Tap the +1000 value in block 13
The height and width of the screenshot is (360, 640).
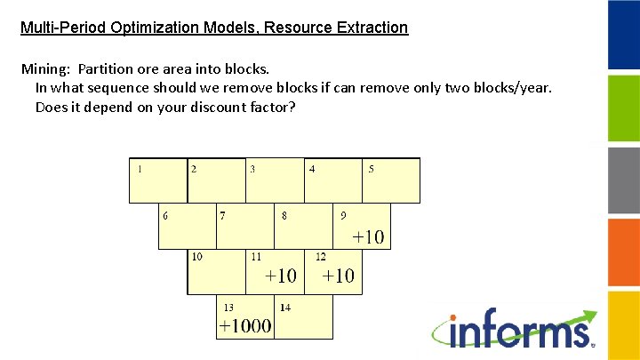(x=245, y=326)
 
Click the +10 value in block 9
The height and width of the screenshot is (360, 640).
(x=368, y=237)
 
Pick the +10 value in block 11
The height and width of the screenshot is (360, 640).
(x=281, y=276)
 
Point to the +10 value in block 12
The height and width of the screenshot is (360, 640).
(x=338, y=276)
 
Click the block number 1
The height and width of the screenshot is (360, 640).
(x=140, y=168)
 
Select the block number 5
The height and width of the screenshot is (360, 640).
(x=371, y=168)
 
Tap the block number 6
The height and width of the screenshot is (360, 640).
(x=165, y=214)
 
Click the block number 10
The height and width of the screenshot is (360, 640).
(x=196, y=256)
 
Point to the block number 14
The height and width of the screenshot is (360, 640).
(x=284, y=308)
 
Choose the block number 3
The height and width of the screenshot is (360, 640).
(x=252, y=168)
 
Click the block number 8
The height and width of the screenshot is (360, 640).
(x=284, y=214)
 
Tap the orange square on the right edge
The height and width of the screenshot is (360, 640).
(x=623, y=251)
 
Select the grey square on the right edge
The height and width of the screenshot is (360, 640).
(x=623, y=180)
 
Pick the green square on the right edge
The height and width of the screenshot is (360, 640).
(x=623, y=108)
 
